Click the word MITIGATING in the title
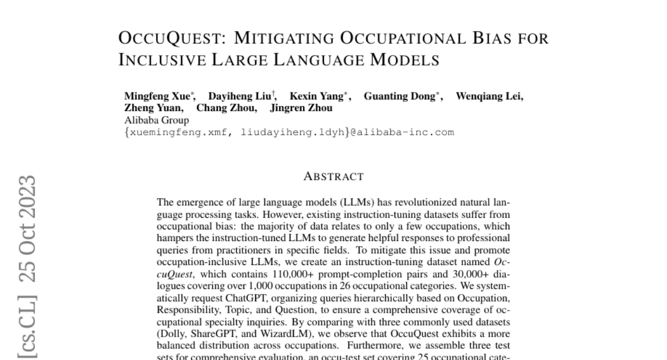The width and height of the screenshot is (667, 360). point(282,38)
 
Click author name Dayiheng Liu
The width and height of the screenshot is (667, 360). point(240,96)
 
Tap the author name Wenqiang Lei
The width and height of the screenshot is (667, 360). point(489,96)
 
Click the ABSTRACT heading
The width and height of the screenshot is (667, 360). point(333,177)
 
